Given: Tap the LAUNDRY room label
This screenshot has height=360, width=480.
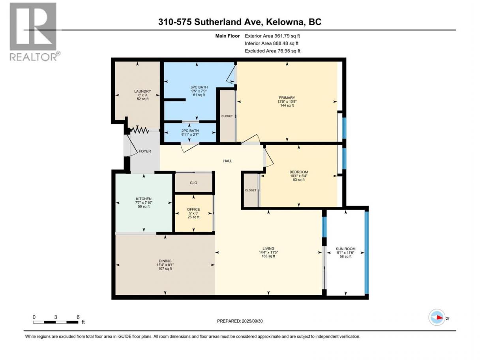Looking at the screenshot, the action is (x=142, y=91).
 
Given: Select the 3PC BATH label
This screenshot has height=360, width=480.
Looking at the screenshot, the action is (x=199, y=87).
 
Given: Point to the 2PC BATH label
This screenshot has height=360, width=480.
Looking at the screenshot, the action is (x=190, y=131).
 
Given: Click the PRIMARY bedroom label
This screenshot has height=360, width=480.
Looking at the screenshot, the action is (x=287, y=98).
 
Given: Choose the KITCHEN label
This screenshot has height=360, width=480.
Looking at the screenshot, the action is (x=144, y=199).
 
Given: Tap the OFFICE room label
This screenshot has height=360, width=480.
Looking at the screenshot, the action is (x=193, y=209).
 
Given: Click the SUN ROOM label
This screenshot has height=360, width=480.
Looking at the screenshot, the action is (x=345, y=249).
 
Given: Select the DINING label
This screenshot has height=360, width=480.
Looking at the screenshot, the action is (x=165, y=261).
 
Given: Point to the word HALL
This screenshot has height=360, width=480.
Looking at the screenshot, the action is (x=227, y=161).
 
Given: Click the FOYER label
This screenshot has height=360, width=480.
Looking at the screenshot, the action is (x=145, y=151).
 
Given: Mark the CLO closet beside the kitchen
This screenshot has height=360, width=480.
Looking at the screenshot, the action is (x=193, y=182).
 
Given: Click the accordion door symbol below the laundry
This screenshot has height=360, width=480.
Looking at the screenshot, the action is (x=140, y=131).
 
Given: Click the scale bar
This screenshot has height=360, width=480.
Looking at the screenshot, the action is (x=56, y=322).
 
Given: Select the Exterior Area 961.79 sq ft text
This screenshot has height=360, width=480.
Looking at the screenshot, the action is (x=272, y=36).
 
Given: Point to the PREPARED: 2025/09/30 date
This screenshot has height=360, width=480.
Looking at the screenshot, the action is (x=240, y=321).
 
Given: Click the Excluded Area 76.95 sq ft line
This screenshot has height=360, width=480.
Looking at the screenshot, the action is (x=272, y=51).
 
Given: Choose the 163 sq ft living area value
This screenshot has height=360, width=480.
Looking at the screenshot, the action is (x=268, y=256).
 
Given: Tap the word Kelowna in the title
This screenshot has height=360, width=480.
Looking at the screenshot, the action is (x=284, y=22).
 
